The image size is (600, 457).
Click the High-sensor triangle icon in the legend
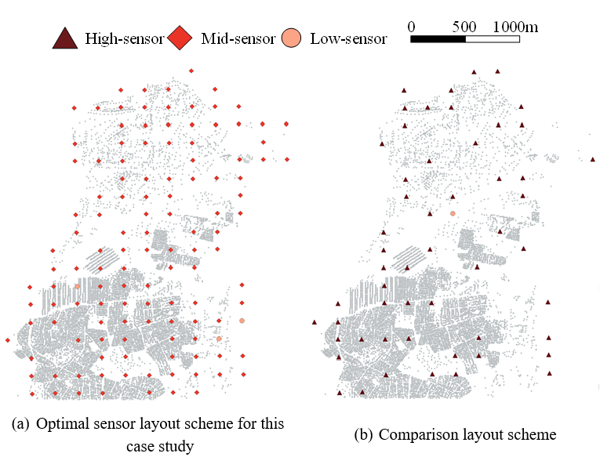pos(65,38)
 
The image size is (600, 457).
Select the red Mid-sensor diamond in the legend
pos(180,38)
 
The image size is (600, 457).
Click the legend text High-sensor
pos(124,38)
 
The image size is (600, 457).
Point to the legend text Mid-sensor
pos(238,38)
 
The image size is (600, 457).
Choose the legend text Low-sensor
pos(348,38)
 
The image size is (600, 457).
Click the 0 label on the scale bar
pos(412,26)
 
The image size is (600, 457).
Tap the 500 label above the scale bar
pos(464,26)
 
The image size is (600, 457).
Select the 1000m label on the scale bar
pos(515,26)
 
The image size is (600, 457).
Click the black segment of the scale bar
pos(438,38)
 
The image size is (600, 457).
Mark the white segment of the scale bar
pos(493,38)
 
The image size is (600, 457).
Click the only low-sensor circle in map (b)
pos(453,213)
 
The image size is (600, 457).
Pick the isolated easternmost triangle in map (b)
pos(592,160)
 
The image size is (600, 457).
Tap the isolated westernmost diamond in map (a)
pos(7,340)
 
